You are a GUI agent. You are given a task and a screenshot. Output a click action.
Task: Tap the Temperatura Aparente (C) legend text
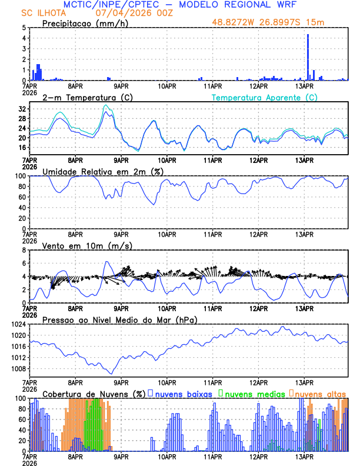(x=265, y=97)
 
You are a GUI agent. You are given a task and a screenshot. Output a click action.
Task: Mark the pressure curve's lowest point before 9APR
(x=111, y=373)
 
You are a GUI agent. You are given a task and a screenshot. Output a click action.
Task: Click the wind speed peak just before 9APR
(x=106, y=262)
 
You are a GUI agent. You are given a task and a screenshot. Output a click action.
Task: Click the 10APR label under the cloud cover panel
(x=167, y=455)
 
